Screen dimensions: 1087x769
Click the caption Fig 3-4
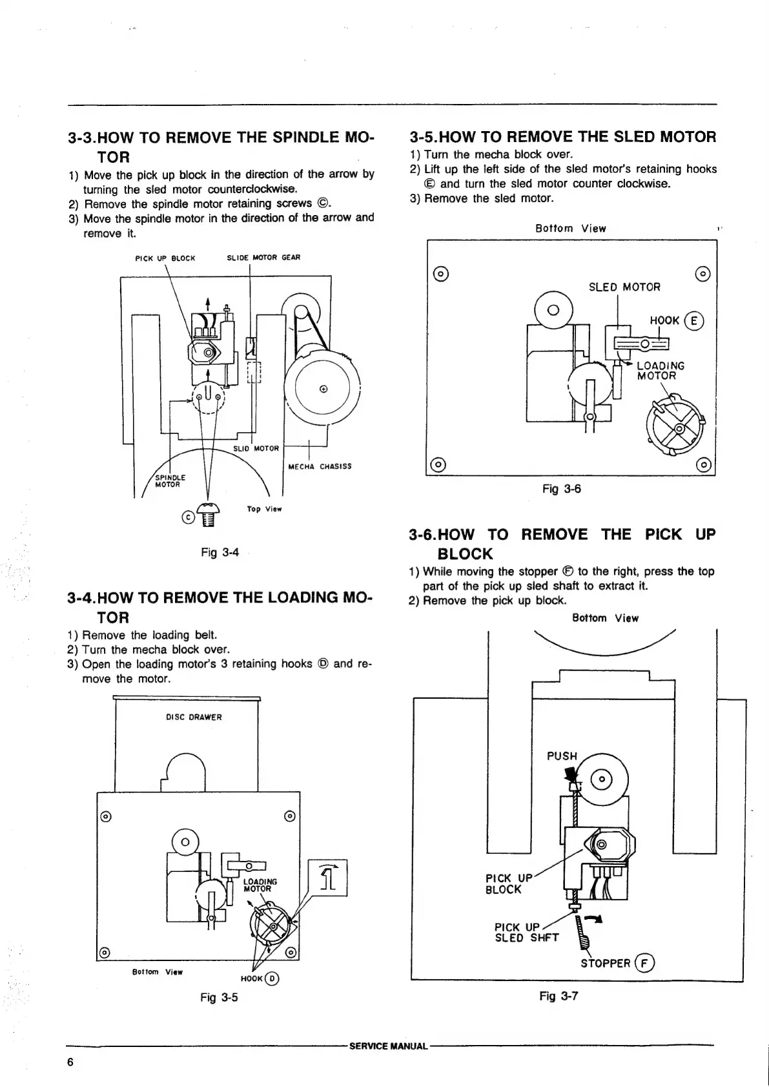point(220,552)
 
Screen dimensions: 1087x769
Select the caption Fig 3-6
point(562,489)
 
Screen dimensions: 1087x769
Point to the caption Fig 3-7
point(559,996)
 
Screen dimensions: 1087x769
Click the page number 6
point(70,1063)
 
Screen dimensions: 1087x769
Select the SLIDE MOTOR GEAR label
point(263,258)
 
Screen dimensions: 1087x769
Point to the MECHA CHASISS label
point(320,466)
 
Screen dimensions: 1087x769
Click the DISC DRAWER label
point(194,717)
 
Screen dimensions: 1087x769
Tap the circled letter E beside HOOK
point(695,321)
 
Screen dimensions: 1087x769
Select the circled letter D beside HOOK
point(273,978)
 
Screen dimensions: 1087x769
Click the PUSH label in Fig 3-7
point(562,756)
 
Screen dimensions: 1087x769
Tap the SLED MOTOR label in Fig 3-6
point(624,287)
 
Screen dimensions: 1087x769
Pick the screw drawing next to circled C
point(208,515)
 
